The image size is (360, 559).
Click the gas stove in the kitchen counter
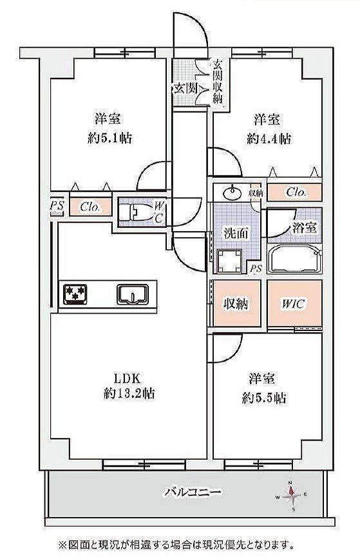[x=75, y=294]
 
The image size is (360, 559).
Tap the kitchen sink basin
[x=133, y=294]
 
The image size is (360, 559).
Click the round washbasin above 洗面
[x=232, y=193]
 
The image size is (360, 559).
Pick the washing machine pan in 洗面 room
[x=229, y=261]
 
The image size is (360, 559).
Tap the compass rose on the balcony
[x=292, y=495]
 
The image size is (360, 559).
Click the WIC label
[x=294, y=304]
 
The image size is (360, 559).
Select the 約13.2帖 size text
[x=129, y=393]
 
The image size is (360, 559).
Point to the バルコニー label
[x=193, y=493]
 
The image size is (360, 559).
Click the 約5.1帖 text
[x=109, y=138]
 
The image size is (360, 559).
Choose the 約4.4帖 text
[x=269, y=138]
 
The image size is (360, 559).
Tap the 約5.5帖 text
[x=264, y=397]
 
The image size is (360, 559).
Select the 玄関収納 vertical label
[x=218, y=81]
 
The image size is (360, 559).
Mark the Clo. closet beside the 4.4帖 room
[x=295, y=193]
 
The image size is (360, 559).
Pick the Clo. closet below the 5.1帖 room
[x=91, y=207]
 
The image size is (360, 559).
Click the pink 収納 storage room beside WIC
[x=237, y=303]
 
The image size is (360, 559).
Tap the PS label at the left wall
[x=57, y=205]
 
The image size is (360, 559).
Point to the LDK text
[x=128, y=377]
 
